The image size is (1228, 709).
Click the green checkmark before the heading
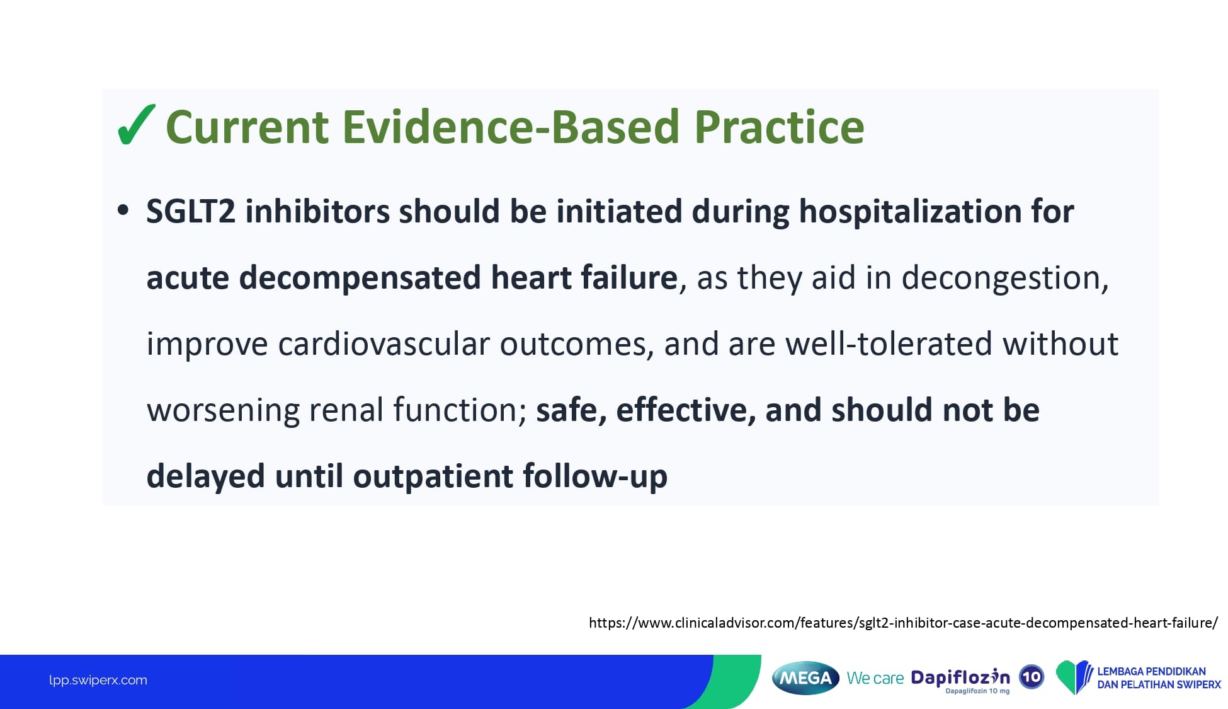[135, 125]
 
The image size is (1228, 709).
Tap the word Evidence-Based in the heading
[511, 127]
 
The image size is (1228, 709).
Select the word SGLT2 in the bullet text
[191, 211]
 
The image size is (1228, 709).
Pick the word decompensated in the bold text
[360, 279]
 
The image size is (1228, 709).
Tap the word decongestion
[1004, 279]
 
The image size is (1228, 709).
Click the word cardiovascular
[384, 344]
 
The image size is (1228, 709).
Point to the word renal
[344, 410]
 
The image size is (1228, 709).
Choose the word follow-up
[595, 476]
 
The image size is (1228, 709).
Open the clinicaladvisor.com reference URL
[903, 623]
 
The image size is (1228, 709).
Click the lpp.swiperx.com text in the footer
[98, 680]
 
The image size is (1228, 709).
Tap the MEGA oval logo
[805, 678]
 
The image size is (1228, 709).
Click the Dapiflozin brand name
[960, 677]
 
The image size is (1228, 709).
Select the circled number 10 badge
[1032, 677]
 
